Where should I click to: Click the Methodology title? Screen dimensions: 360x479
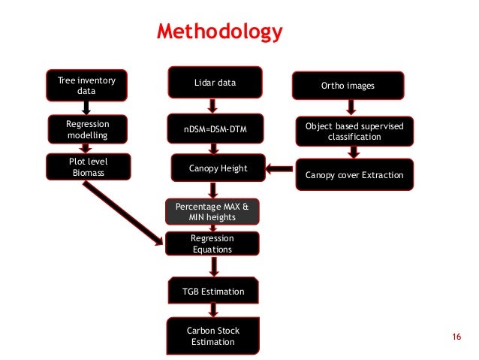pyautogui.click(x=219, y=32)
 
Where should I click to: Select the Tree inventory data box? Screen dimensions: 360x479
pyautogui.click(x=86, y=85)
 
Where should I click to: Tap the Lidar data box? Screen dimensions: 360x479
pyautogui.click(x=215, y=83)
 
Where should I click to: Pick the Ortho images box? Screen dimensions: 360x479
pyautogui.click(x=348, y=86)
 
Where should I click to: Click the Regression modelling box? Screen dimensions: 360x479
pyautogui.click(x=86, y=129)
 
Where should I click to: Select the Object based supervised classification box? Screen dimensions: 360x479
pyautogui.click(x=354, y=131)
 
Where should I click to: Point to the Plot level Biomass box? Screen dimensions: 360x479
pyautogui.click(x=86, y=167)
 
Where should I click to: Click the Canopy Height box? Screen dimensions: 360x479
pyautogui.click(x=218, y=169)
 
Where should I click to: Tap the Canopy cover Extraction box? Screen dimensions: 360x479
pyautogui.click(x=354, y=176)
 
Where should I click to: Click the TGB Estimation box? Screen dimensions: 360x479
pyautogui.click(x=214, y=290)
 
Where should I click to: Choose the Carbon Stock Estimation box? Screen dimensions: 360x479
pyautogui.click(x=213, y=335)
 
